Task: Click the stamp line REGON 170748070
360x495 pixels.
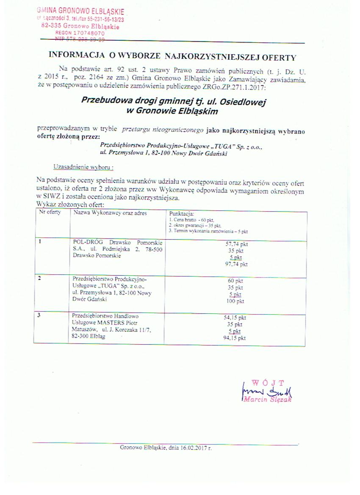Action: (x=80, y=33)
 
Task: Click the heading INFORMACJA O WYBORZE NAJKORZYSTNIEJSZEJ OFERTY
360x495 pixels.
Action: (x=172, y=55)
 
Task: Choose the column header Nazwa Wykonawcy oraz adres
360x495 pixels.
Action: (x=110, y=213)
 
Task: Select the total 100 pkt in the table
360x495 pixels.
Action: (x=236, y=301)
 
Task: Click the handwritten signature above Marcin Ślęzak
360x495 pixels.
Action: (x=268, y=390)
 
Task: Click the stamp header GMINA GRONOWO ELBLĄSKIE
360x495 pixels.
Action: (x=80, y=11)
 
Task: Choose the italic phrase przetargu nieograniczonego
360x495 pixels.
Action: (x=163, y=127)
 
